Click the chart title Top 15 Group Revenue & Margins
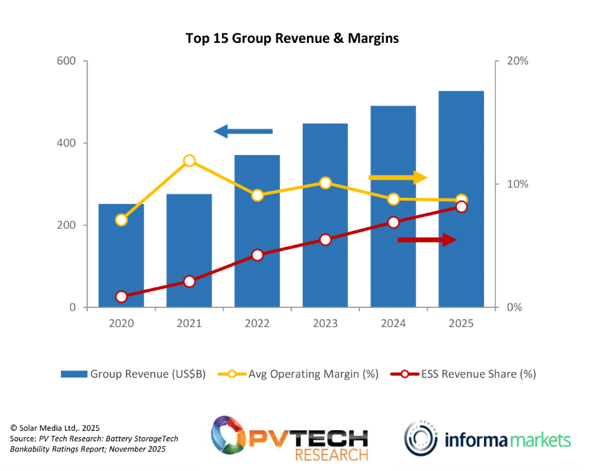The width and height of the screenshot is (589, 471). click(x=292, y=39)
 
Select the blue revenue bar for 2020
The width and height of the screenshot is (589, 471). click(x=121, y=263)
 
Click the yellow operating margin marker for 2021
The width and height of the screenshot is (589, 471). click(x=189, y=161)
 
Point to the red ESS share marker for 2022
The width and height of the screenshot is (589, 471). click(x=257, y=255)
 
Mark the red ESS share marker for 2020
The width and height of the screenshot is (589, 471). click(x=121, y=297)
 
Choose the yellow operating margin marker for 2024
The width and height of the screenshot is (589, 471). click(x=393, y=199)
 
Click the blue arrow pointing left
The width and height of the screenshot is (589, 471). click(x=243, y=131)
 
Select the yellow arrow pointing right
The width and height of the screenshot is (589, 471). click(x=398, y=178)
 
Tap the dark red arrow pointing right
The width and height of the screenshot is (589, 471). click(x=427, y=239)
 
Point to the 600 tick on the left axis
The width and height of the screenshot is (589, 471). click(x=66, y=61)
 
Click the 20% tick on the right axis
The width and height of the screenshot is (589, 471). click(x=517, y=61)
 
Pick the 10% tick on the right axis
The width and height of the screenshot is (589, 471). click(x=517, y=184)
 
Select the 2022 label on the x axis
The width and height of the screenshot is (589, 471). click(x=257, y=324)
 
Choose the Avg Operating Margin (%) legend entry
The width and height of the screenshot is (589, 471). click(x=299, y=374)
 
